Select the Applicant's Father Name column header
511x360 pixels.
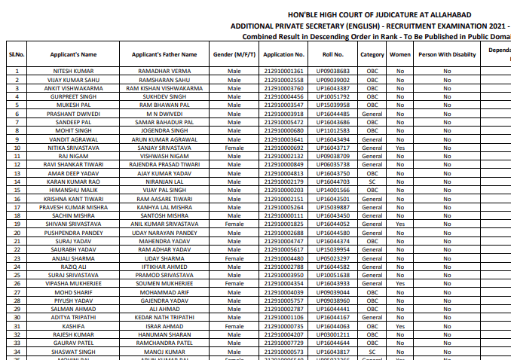point(164,54)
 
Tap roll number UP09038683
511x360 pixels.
point(332,71)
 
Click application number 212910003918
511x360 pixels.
point(284,114)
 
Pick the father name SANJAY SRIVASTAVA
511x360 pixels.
point(164,148)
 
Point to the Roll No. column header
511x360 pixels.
point(332,54)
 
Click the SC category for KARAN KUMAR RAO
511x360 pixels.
point(372,182)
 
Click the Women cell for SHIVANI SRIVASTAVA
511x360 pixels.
point(399,224)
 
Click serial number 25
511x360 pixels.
point(17,275)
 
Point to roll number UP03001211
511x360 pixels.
point(332,334)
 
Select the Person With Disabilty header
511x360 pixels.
point(447,54)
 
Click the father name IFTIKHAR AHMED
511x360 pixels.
point(164,266)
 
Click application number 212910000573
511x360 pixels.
point(284,351)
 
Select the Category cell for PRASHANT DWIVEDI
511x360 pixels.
point(372,114)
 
